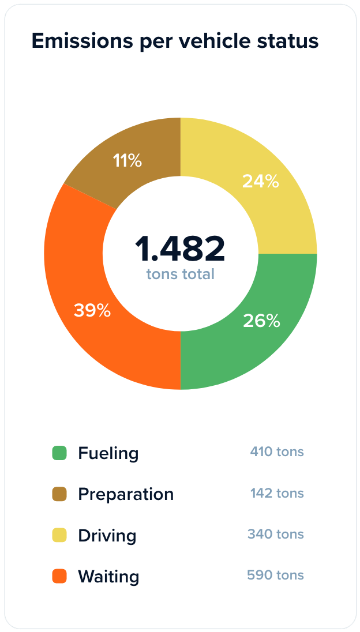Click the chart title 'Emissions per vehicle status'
175,42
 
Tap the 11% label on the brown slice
127,160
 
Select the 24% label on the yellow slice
260,181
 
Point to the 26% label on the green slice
261,321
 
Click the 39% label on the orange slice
92,311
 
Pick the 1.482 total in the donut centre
180,249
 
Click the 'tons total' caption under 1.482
180,274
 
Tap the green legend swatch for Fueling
59,453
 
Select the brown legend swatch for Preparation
59,494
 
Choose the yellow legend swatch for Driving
59,535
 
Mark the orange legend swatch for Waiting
59,576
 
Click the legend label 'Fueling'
108,453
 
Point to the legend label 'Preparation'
126,494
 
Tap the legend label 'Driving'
107,535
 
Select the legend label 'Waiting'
108,576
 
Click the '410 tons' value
276,452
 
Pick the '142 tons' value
276,493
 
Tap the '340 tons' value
275,534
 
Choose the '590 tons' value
275,575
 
